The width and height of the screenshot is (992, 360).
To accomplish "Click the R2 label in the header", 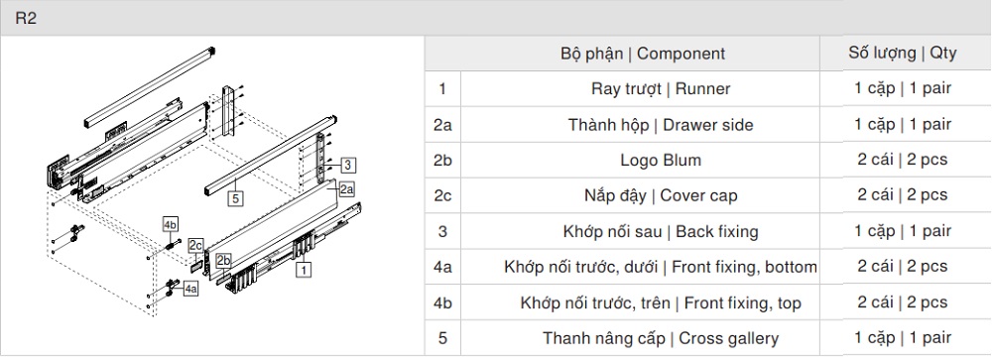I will click(x=26, y=19).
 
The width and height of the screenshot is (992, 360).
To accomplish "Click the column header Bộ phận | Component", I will click(x=642, y=54).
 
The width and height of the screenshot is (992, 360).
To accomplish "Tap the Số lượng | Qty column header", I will click(x=902, y=54).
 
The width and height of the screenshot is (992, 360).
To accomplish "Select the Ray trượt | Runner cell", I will click(x=660, y=89).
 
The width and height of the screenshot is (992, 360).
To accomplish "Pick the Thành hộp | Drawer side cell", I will click(x=660, y=125).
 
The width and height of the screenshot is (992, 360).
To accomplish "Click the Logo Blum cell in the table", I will click(x=660, y=161).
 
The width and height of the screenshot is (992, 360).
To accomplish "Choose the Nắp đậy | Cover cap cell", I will click(x=660, y=195).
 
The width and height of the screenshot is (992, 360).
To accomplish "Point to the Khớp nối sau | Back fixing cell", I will click(x=660, y=231).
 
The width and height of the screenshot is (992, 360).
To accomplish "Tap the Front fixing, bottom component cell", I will click(x=660, y=267).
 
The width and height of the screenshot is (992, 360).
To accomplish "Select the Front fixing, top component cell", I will click(x=660, y=302).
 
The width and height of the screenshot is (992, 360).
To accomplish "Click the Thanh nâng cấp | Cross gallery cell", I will click(x=660, y=338).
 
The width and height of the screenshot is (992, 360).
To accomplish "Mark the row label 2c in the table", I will click(x=442, y=195).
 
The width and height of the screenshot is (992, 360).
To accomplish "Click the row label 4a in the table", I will click(x=442, y=267).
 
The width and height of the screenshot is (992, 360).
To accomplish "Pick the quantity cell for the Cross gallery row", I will click(x=902, y=338).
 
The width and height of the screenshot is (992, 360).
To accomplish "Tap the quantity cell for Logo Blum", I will click(x=902, y=161).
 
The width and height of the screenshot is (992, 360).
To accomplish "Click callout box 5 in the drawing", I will click(x=235, y=197).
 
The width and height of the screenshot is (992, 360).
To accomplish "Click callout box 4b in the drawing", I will click(x=170, y=223).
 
